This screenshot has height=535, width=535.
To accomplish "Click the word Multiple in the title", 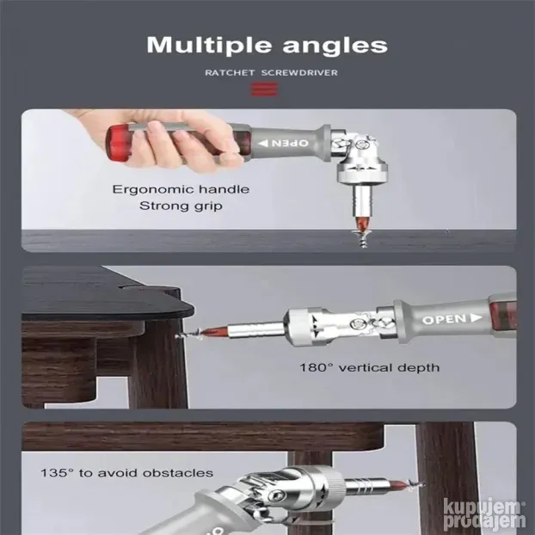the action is click(x=208, y=45).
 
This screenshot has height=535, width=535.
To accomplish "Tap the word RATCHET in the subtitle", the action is click(x=230, y=72).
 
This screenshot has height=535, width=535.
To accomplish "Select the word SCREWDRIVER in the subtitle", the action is click(x=299, y=72).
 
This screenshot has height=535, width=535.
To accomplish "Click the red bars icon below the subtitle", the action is click(x=264, y=89).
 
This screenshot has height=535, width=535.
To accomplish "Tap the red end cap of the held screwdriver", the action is click(x=118, y=145).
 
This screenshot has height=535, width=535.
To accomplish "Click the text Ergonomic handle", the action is click(x=181, y=189).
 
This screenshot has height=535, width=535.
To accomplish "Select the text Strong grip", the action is click(x=181, y=206).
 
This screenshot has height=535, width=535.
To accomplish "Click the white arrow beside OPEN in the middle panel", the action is click(x=476, y=318).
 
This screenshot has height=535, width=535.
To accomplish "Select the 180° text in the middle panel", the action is click(x=317, y=368).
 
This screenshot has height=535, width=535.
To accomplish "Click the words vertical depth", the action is click(x=389, y=368).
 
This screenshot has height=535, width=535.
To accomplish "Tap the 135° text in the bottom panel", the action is click(x=58, y=473).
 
